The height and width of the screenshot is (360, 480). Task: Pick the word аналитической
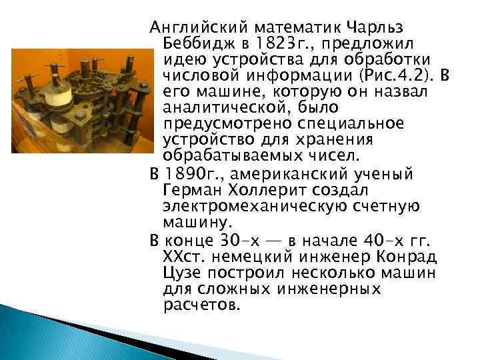pos(227,107)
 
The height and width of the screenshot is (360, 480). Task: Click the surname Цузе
pos(183,272)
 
